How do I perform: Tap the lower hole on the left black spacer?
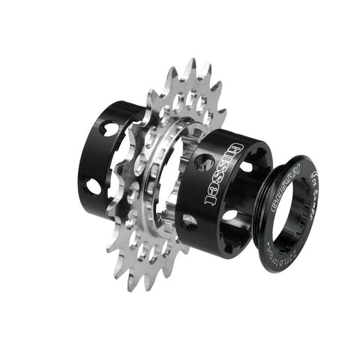point(94,184)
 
